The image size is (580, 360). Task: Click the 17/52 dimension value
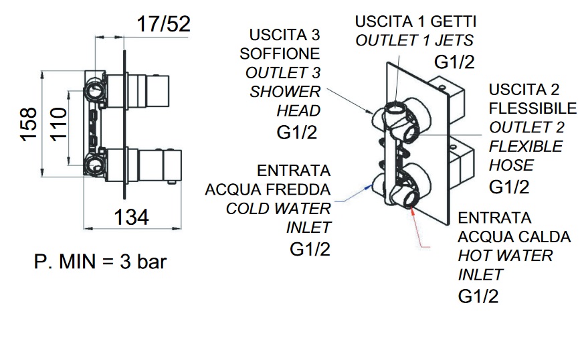point(164,24)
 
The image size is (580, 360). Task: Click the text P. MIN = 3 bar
point(100,261)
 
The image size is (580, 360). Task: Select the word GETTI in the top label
point(454,21)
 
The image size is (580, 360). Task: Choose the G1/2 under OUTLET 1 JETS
point(455,62)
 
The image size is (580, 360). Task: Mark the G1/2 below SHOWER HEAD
point(297,132)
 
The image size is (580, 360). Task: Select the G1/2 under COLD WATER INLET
point(310,249)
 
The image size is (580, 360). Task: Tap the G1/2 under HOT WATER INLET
point(478,296)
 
